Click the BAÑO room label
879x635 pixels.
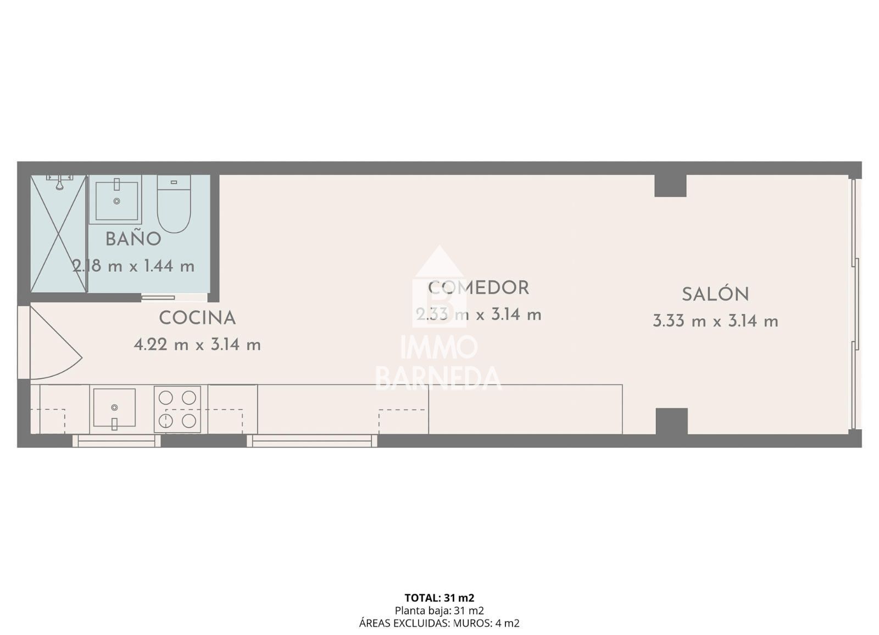click(133, 239)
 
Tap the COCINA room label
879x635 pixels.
click(197, 318)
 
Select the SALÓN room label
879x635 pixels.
click(715, 295)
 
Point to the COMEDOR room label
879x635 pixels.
click(479, 288)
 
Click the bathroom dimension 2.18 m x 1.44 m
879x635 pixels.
click(133, 267)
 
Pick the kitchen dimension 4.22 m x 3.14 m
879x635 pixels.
click(197, 345)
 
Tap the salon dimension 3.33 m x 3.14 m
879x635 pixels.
click(715, 321)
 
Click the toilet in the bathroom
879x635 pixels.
click(174, 203)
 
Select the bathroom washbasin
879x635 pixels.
click(116, 200)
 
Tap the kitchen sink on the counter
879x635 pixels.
click(114, 407)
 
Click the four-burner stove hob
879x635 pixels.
click(177, 409)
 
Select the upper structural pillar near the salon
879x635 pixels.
click(670, 186)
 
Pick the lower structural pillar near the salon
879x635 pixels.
click(671, 421)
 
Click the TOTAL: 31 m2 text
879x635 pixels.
click(439, 598)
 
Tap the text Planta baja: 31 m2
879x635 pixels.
click(439, 610)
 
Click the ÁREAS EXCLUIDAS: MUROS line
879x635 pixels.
click(439, 623)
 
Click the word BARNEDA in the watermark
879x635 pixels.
click(438, 378)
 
